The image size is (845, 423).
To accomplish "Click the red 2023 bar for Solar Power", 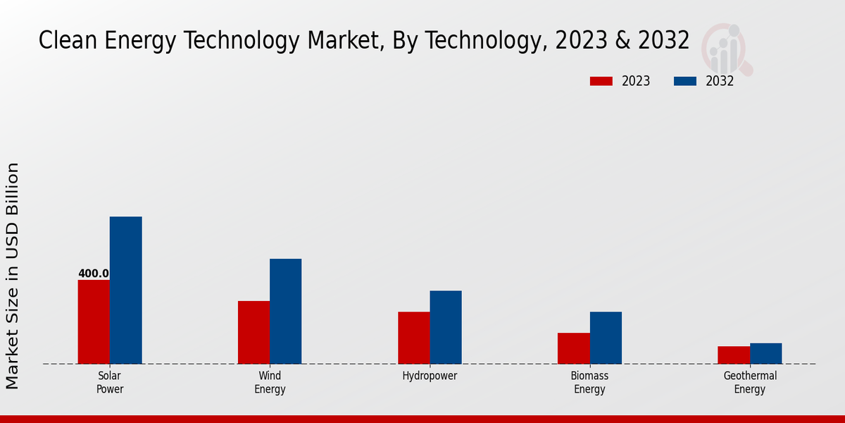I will coord(94,322).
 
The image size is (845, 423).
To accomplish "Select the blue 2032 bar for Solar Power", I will coord(125,290).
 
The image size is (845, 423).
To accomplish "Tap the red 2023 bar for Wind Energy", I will coord(254,333).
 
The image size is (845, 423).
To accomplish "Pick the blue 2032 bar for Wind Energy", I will coord(285,312).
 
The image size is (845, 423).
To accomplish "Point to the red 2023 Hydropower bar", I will coord(413,338).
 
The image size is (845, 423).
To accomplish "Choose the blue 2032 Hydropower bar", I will coord(446,327).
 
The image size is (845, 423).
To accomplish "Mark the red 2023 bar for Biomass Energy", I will coord(573,348).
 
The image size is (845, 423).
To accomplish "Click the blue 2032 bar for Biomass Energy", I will coord(606,338).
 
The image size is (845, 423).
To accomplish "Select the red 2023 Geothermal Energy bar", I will coord(734,355).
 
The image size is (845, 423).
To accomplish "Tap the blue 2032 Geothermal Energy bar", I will coord(765,354).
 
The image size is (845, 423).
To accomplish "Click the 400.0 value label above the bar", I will coord(94,274).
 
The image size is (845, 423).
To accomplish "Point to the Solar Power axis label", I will coord(110,382).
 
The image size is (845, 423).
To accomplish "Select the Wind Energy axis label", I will coord(270,382).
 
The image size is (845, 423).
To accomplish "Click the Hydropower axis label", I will coord(430,376).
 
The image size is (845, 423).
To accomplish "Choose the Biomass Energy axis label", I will coord(589,382).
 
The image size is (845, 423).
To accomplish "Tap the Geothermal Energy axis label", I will coord(750,382).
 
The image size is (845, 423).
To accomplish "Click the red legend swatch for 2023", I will coord(601,81).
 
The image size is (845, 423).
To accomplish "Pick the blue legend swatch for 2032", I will coord(685,81).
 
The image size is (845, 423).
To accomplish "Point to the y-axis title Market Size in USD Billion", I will coord(13,276).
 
